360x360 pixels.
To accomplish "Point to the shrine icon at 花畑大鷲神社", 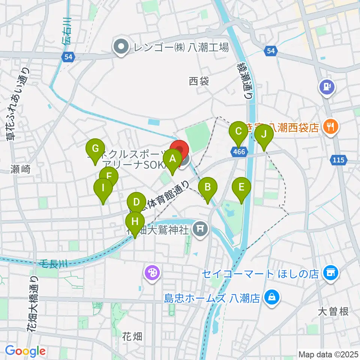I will pyautogui.click(x=200, y=229).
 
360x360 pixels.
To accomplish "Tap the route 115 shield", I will pyautogui.click(x=338, y=160).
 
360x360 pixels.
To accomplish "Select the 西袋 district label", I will pyautogui.click(x=199, y=81).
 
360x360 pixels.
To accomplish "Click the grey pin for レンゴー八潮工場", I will pyautogui.click(x=121, y=47).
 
